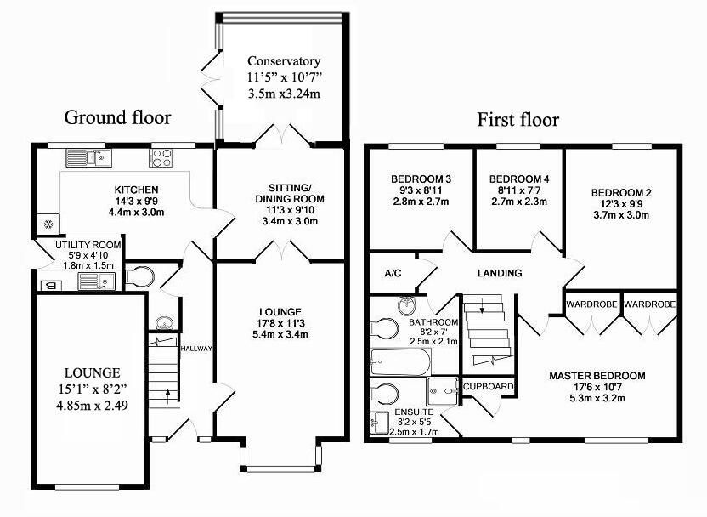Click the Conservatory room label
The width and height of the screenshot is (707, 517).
284,61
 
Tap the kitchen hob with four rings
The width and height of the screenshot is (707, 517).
161,157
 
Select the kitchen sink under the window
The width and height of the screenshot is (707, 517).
89,157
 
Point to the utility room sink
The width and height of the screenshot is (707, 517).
96,281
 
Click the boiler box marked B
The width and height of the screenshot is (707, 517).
51,285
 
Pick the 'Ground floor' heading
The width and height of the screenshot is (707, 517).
117,117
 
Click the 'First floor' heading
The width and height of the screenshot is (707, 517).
518,120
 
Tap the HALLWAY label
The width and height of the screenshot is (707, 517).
196,349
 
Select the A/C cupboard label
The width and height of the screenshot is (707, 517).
393,274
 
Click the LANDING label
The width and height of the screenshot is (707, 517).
500,273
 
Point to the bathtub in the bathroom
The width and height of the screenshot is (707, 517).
400,361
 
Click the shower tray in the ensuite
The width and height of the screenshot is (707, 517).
443,390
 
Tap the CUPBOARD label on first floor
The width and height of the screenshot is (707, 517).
489,387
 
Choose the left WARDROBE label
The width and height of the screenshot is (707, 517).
591,304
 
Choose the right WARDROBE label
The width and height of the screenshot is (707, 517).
650,304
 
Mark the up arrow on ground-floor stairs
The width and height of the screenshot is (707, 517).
167,396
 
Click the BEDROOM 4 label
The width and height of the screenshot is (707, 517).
519,179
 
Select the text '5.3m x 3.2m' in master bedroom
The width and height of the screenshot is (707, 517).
597,398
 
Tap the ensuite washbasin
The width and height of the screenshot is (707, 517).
379,423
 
